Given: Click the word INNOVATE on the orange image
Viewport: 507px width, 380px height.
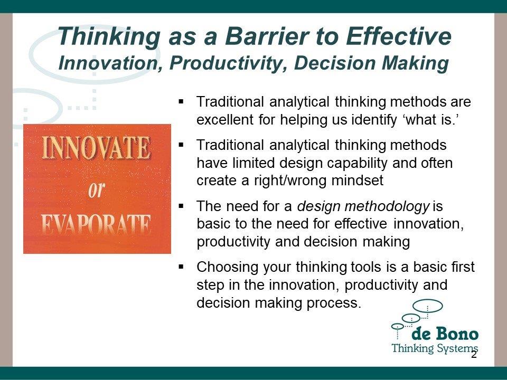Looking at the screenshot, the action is point(96,147).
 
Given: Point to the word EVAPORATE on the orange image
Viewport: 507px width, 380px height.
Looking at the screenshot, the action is point(96,224).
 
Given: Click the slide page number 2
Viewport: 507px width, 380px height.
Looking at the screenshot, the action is point(474,355).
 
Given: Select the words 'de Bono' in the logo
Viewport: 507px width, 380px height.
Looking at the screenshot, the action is point(445,334).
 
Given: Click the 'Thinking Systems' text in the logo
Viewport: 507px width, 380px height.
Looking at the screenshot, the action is point(435,348).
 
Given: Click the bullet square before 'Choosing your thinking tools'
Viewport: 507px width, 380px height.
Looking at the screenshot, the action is point(181,267).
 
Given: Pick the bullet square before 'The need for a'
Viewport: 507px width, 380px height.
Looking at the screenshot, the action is point(181,206).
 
